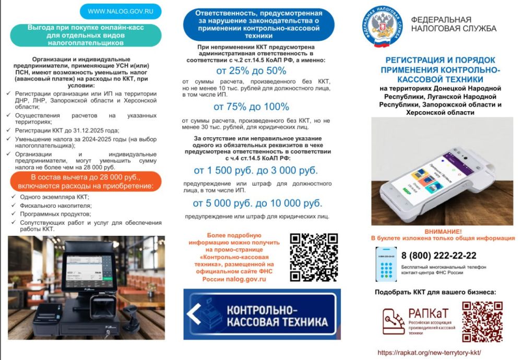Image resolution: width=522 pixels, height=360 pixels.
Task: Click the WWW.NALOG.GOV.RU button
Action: click(120, 11)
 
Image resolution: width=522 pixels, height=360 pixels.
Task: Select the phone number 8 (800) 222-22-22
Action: click(438, 255)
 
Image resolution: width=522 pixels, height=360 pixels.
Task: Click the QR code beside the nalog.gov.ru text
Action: click(314, 257)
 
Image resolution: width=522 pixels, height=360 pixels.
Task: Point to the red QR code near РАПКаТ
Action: click(482, 321)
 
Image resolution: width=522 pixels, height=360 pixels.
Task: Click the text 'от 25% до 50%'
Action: click(251, 71)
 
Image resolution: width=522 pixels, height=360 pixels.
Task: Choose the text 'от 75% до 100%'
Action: click(251, 107)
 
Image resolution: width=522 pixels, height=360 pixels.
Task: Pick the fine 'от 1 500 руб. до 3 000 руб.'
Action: click(255, 171)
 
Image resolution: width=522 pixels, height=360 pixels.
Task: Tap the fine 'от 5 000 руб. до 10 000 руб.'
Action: click(257, 203)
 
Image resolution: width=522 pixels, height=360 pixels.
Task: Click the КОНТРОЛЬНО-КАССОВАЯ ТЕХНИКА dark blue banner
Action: click(262, 314)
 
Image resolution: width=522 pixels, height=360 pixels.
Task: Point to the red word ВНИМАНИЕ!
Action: click(443, 231)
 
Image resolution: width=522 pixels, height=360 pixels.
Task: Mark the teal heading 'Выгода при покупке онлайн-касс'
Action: click(86, 35)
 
